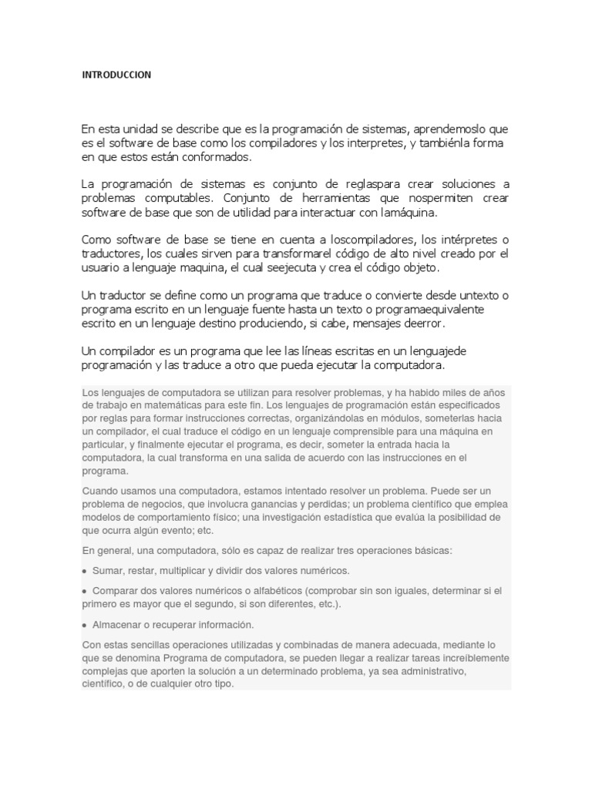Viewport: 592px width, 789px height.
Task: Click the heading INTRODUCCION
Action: tap(116, 75)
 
